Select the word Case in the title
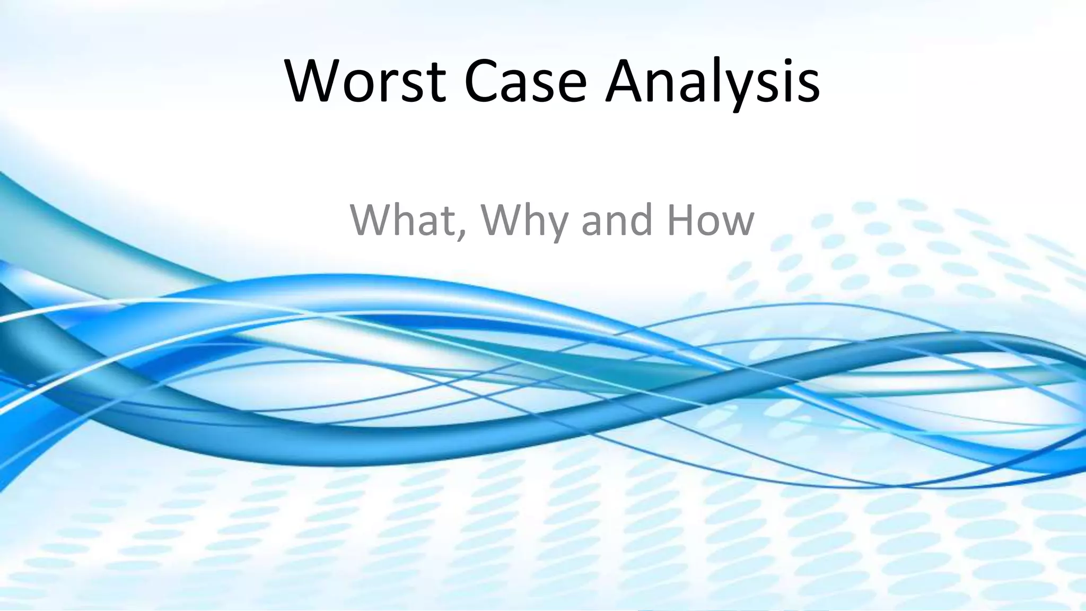click(x=526, y=81)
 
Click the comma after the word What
click(x=461, y=233)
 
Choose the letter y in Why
click(x=554, y=225)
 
